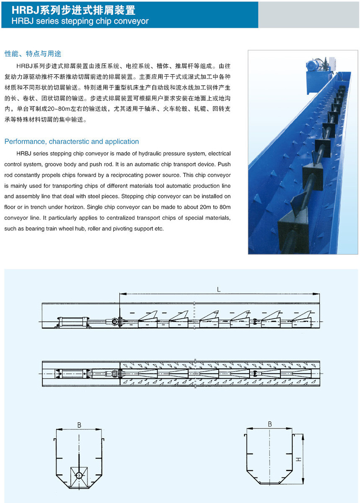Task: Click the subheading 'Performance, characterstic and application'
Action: coord(72,141)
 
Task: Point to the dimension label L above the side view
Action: coord(219,289)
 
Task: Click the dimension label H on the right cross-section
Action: coord(298,459)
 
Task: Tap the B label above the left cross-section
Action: coord(79,425)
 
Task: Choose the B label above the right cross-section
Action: coord(270,424)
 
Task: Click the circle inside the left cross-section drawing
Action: coord(79,475)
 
